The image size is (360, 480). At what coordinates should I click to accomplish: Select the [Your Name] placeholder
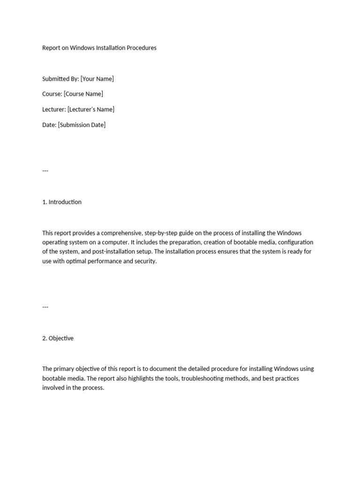[97, 79]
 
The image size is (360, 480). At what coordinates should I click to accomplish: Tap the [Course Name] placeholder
[83, 94]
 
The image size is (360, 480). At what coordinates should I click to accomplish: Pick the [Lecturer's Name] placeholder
[91, 109]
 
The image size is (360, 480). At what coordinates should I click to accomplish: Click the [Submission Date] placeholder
[82, 125]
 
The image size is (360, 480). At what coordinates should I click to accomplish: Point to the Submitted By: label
[60, 79]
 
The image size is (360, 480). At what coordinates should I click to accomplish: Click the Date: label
[49, 125]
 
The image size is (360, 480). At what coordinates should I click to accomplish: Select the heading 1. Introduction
[62, 202]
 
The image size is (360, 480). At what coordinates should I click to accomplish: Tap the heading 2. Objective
[58, 338]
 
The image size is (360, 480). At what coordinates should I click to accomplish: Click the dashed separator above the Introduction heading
[45, 171]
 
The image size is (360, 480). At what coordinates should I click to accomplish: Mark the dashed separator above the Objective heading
[45, 307]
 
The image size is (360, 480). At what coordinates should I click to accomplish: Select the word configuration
[295, 242]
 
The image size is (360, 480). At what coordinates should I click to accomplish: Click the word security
[145, 261]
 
